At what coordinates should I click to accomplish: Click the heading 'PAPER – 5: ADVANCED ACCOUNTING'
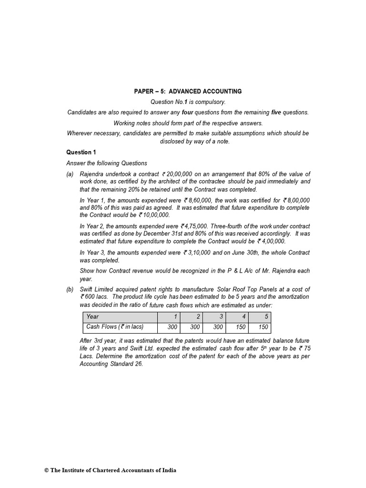coord(187,91)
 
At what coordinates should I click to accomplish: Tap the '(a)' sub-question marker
coord(71,174)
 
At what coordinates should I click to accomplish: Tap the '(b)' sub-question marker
coord(71,290)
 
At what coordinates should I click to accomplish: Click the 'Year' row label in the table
coord(92,317)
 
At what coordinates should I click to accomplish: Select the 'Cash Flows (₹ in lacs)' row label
coord(114,327)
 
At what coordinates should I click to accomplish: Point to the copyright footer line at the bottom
coord(110,470)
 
